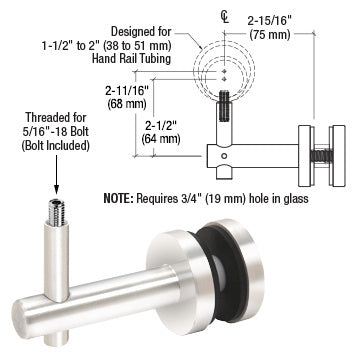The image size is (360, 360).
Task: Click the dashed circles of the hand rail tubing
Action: [231, 69]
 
